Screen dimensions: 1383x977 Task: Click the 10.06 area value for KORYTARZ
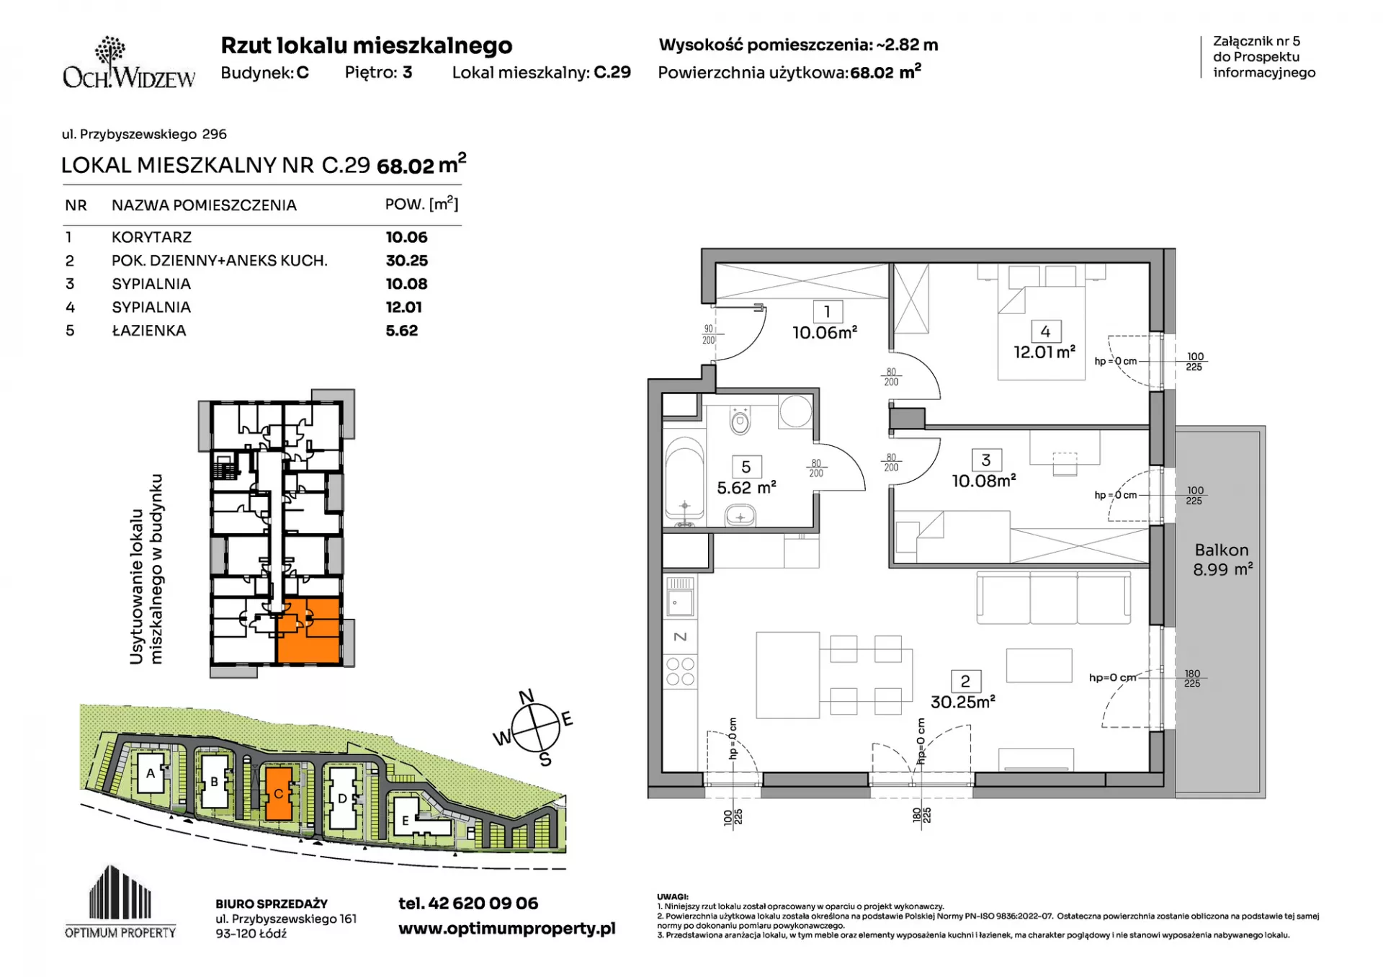tap(406, 237)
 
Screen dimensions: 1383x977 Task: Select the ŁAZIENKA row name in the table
tap(148, 330)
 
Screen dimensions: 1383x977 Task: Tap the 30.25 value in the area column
tap(406, 260)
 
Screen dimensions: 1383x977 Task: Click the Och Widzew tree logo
tap(109, 53)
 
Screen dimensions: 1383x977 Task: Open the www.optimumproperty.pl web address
tap(507, 928)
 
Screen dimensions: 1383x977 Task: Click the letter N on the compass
tap(527, 696)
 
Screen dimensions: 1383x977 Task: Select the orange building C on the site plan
tap(278, 793)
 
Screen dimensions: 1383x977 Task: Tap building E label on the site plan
tap(405, 821)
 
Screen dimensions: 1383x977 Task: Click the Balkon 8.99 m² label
tap(1222, 560)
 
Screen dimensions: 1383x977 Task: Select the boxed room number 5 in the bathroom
tap(746, 467)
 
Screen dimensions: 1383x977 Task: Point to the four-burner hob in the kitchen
tap(680, 671)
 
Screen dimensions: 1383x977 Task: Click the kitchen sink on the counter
tap(680, 597)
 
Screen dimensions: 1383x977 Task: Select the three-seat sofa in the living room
tap(1053, 597)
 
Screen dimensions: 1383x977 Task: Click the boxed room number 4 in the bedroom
tap(1045, 331)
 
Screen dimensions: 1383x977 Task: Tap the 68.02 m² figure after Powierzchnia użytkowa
tap(885, 72)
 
